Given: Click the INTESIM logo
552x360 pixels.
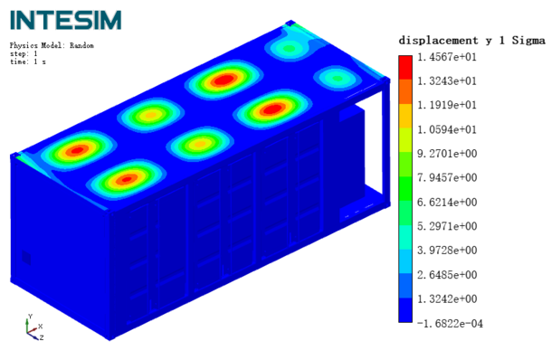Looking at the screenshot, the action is point(65,20).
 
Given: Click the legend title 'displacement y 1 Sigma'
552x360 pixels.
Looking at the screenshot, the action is point(471,41).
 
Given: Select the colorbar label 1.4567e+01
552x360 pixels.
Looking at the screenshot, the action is point(447,57).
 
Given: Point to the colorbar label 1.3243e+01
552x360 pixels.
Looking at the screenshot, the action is point(447,81).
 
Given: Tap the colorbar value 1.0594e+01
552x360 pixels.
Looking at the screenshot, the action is point(447,130).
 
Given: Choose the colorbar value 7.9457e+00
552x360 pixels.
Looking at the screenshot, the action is point(447,177).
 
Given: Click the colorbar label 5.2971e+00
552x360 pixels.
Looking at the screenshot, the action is point(447,226).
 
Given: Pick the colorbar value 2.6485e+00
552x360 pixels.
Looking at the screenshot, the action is point(447,275).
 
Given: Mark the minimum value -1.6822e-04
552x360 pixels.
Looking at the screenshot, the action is point(450,324).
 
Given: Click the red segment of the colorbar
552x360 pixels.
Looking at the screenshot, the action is point(405,68).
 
